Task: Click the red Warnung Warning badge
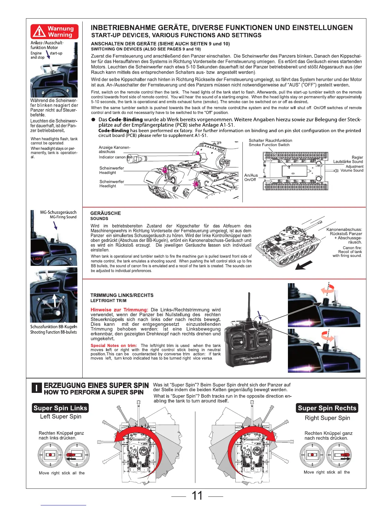pyautogui.click(x=54, y=32)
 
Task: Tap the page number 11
pyautogui.click(x=197, y=495)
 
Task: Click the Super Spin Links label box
pyautogui.click(x=60, y=408)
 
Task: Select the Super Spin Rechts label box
pyautogui.click(x=327, y=408)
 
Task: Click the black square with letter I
pyautogui.click(x=37, y=388)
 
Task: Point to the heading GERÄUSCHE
pyautogui.click(x=106, y=213)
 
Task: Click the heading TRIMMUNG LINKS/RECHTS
pyautogui.click(x=122, y=295)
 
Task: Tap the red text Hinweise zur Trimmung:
pyautogui.click(x=119, y=310)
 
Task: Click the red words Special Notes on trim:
pyautogui.click(x=114, y=345)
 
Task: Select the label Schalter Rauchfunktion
pyautogui.click(x=270, y=140)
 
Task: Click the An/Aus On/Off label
pyautogui.click(x=251, y=177)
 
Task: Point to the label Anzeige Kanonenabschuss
pyautogui.click(x=114, y=149)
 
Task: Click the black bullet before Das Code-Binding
pyautogui.click(x=93, y=120)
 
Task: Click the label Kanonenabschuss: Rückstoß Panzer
pyautogui.click(x=344, y=232)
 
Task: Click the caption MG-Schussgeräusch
pyautogui.click(x=58, y=212)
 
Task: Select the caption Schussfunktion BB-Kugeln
pyautogui.click(x=53, y=327)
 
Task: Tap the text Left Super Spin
pyautogui.click(x=61, y=416)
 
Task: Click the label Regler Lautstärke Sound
pyautogui.click(x=348, y=159)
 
